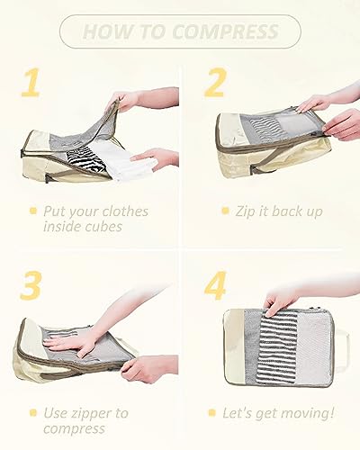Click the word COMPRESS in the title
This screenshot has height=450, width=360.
click(x=225, y=31)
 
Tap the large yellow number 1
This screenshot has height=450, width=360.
click(x=31, y=82)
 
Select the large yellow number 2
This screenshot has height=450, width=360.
click(x=215, y=82)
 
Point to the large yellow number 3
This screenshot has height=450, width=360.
click(x=31, y=285)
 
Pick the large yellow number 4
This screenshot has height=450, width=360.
click(x=215, y=285)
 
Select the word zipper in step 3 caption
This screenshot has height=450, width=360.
click(x=91, y=414)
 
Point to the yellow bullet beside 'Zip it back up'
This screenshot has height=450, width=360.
click(x=225, y=211)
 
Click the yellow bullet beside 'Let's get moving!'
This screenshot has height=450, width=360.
click(x=212, y=413)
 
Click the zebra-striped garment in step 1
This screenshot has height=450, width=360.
click(x=85, y=159)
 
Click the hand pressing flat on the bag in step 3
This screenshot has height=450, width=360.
click(x=70, y=343)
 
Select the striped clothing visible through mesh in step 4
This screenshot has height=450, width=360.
click(x=278, y=348)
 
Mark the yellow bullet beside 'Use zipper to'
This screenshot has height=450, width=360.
click(x=33, y=413)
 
